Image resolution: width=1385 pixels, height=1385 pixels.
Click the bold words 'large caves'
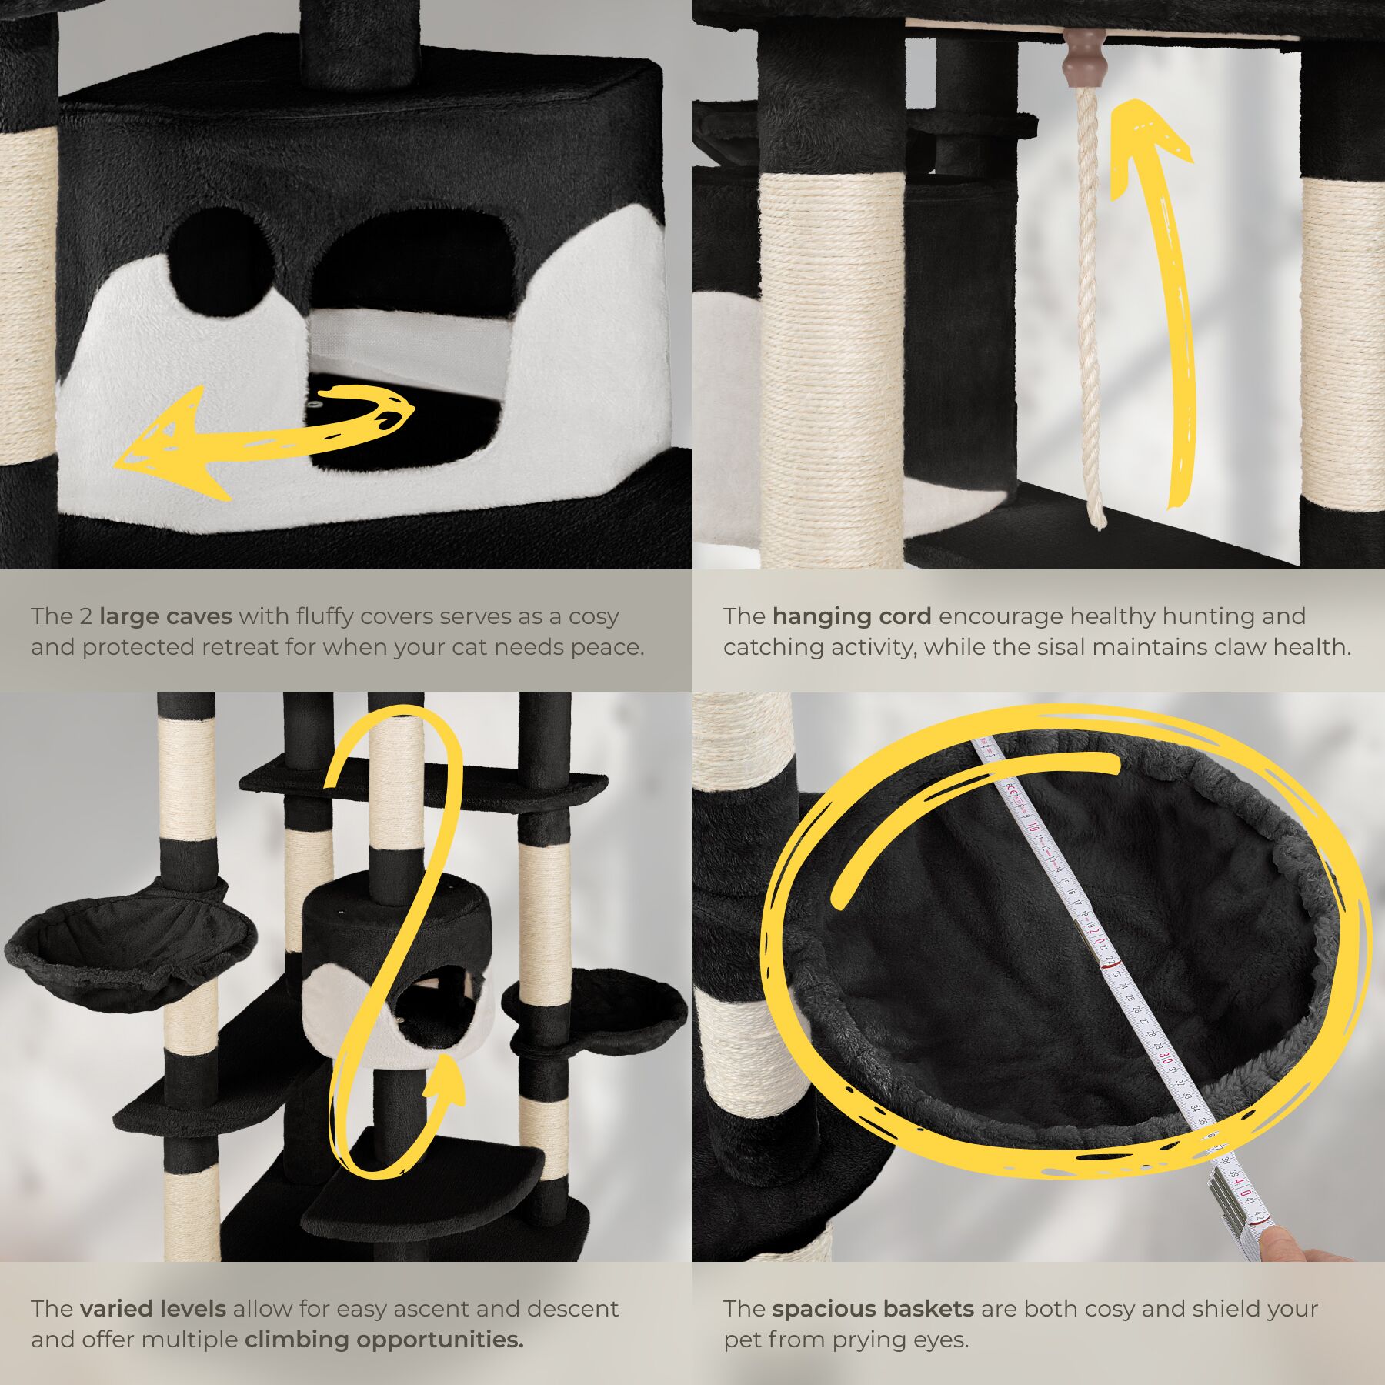[165, 616]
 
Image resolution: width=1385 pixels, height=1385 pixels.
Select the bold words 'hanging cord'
[852, 616]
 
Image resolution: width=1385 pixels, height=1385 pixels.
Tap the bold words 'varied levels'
[152, 1309]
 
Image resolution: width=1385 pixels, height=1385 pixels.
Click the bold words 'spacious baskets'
[873, 1309]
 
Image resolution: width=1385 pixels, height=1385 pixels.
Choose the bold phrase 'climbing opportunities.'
[384, 1340]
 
